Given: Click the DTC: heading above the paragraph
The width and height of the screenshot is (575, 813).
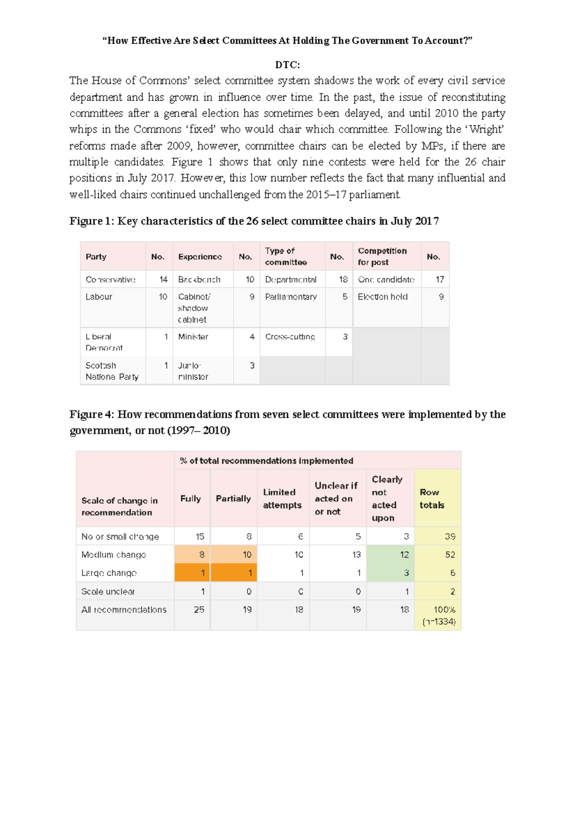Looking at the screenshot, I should [287, 65].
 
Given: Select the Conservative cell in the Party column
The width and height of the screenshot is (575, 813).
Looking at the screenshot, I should [110, 279].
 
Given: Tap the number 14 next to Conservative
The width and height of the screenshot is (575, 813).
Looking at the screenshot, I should [163, 279].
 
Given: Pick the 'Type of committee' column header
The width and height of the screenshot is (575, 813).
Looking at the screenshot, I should [286, 257].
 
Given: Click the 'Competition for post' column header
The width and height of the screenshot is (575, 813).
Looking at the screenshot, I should [382, 257].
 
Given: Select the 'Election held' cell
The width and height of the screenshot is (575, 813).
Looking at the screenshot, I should [382, 297].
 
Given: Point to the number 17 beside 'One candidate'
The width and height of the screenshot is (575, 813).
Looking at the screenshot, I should [440, 279].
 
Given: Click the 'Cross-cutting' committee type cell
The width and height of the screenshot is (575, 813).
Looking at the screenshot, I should [290, 337].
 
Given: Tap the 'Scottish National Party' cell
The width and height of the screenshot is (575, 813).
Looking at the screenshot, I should [112, 371].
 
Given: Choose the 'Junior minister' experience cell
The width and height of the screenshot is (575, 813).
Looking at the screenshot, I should [193, 371].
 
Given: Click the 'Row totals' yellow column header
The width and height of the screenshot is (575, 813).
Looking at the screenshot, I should [432, 498].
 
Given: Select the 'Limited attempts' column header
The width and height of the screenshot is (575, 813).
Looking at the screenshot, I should [282, 498].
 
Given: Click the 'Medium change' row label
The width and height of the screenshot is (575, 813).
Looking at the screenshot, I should [114, 554].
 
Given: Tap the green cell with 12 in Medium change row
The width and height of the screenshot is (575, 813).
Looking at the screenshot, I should [404, 554].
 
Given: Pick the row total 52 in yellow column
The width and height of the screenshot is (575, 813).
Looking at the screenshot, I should [449, 554].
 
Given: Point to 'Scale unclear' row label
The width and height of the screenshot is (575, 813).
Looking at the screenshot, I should [108, 591].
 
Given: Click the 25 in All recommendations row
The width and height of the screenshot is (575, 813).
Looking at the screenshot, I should [199, 610].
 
